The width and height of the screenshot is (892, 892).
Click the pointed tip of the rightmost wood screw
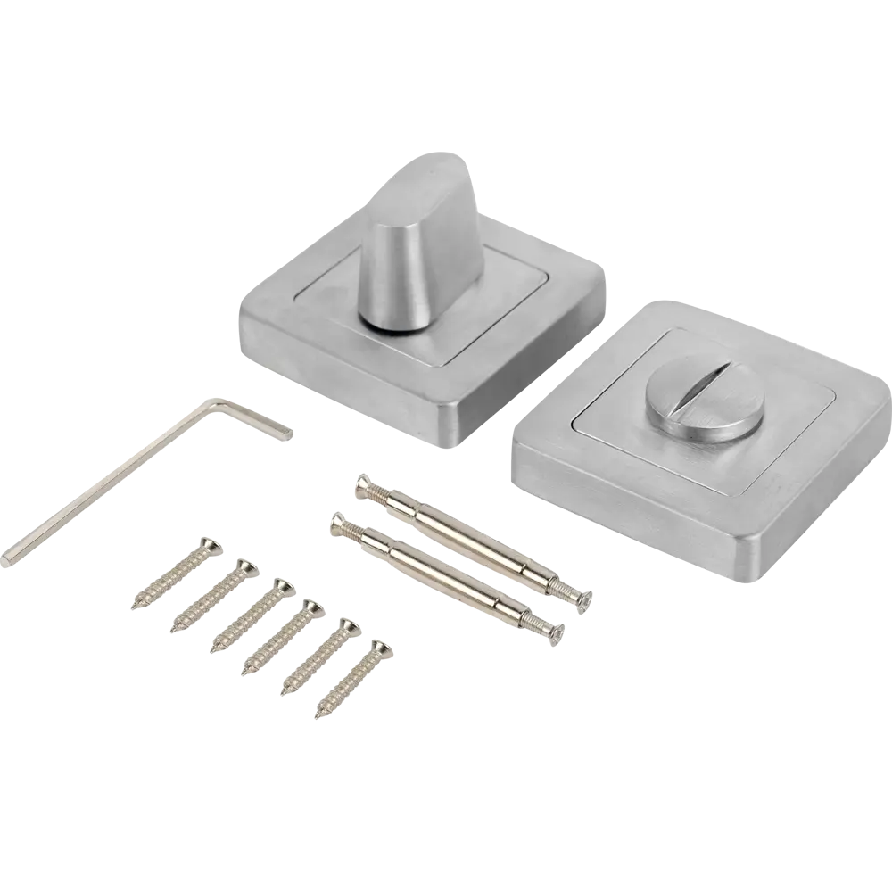[318, 714]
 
